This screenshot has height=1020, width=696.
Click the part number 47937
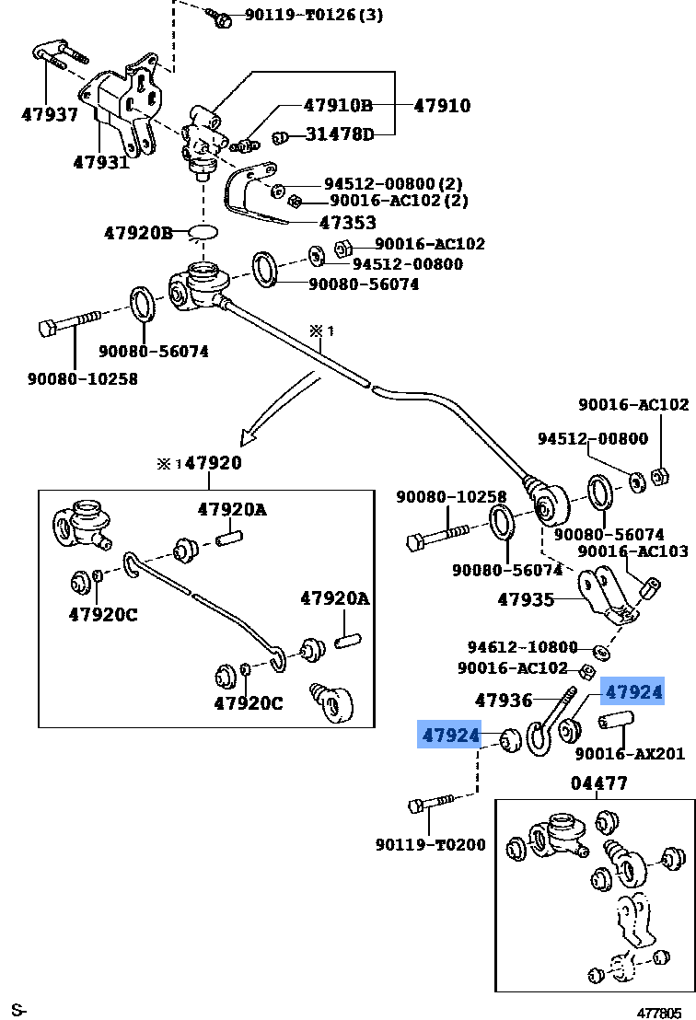[50, 114]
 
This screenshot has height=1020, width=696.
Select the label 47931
[101, 161]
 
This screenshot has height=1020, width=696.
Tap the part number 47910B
[338, 105]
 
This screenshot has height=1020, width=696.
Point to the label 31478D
[340, 134]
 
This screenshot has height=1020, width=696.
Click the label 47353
[348, 223]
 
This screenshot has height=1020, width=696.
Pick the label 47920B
[138, 233]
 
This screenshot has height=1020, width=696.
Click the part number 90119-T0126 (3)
[314, 15]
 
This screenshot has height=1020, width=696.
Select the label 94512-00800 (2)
[393, 184]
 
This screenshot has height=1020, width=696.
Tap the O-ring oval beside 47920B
[203, 231]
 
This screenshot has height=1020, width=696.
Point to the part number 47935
[526, 599]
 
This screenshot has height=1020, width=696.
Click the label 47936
[504, 700]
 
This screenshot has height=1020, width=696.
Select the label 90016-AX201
[630, 753]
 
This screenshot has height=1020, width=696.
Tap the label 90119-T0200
[431, 844]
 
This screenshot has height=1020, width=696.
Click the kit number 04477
[599, 783]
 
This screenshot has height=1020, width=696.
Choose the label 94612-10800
[522, 647]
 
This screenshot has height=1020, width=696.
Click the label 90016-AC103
[632, 551]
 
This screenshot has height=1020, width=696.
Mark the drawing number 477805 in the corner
[659, 1013]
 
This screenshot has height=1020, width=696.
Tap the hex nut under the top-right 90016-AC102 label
[659, 476]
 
